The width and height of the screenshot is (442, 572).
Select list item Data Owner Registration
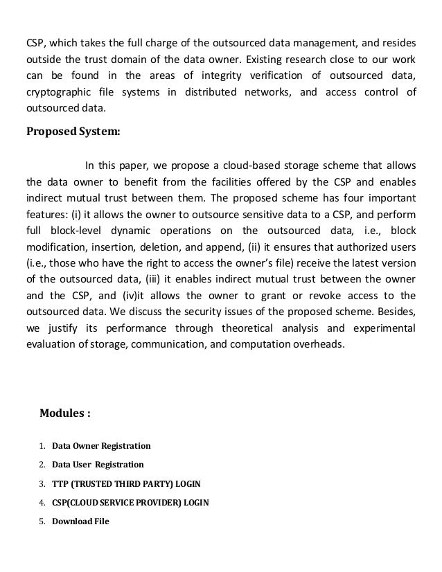click(x=101, y=445)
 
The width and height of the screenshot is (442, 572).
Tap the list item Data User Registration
click(x=98, y=464)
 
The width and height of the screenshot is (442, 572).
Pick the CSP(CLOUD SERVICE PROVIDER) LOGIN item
click(x=130, y=502)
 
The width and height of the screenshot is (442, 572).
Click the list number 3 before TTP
click(x=42, y=483)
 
